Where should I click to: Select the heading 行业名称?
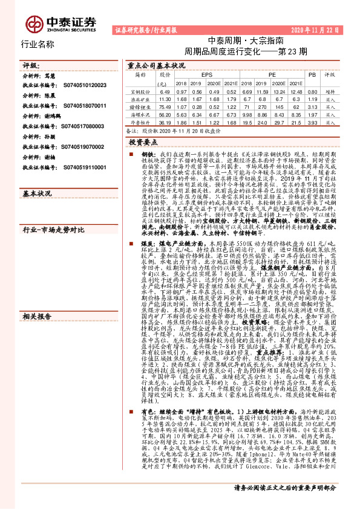click(x=38, y=44)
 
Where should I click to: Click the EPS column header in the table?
click(x=211, y=74)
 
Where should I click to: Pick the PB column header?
click(x=312, y=74)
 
